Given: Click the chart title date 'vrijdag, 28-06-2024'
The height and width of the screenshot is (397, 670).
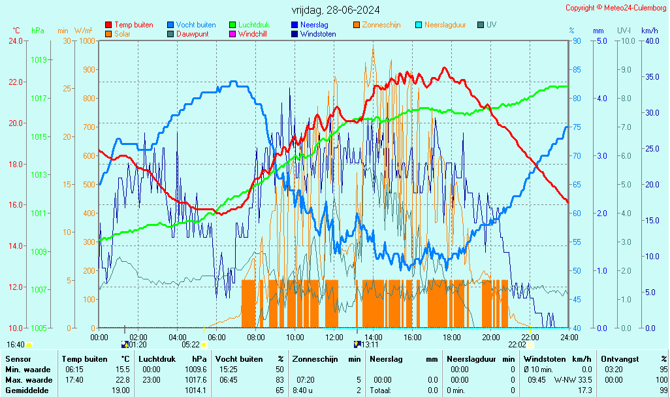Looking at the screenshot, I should coord(335,10).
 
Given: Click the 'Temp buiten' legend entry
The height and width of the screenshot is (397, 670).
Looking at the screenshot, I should coord(133,25).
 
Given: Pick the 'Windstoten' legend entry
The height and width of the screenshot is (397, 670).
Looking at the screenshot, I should coord(318,34).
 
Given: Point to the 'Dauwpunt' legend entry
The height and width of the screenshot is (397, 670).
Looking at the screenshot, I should coord(193,34).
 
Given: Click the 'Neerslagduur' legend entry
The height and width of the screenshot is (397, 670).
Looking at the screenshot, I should coord(445,25).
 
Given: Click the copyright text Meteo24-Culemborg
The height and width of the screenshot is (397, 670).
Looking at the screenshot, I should coord(615,8).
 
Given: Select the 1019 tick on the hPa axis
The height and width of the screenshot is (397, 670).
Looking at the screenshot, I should coord(39,60).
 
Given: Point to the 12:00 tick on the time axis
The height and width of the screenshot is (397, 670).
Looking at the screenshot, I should coord(334,337).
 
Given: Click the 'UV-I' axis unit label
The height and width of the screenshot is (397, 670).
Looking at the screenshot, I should coord(624,31).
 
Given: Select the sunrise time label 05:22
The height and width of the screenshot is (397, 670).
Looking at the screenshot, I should coord(190,344).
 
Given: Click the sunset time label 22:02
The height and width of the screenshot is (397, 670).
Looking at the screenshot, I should coord(517,344).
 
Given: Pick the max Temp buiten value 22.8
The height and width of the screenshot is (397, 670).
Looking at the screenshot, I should coord(122,380).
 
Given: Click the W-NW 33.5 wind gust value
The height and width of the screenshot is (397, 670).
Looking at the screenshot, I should coord(573,380).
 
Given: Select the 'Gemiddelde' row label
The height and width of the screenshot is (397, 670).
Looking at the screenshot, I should coord(26,390).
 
